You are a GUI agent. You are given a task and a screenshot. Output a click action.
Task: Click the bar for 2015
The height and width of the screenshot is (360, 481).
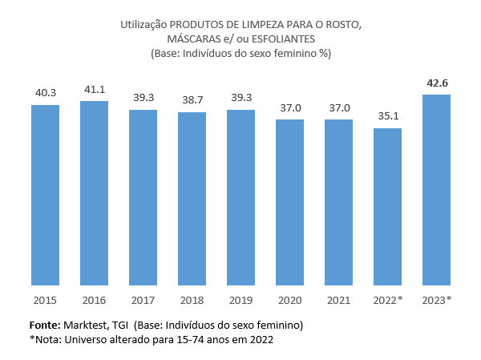45,195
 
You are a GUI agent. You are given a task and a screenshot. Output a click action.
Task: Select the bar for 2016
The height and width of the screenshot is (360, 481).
94,192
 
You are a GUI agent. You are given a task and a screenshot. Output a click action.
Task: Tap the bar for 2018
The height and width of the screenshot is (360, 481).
192,198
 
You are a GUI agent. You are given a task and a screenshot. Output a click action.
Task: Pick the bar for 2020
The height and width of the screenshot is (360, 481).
289,202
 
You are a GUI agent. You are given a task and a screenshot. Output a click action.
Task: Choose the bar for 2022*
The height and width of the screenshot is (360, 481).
387,206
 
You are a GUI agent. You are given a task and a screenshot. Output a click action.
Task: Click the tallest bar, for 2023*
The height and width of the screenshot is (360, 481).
436,189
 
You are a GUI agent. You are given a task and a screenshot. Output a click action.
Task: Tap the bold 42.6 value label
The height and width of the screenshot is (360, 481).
436,83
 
